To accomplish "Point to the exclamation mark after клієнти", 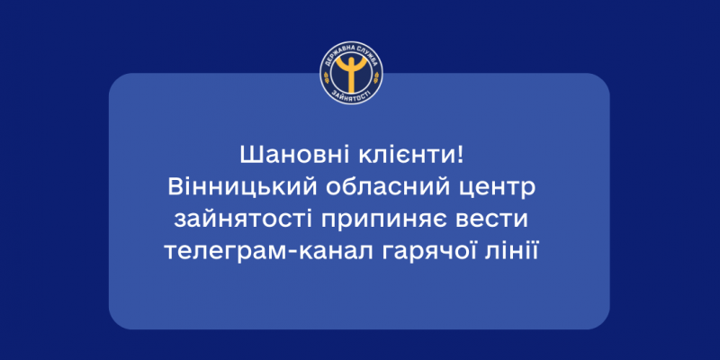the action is (x=460, y=157).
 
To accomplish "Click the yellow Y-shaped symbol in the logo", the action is (x=352, y=73).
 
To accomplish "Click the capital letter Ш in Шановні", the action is (x=248, y=157).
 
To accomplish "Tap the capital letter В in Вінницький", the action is (x=175, y=189).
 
